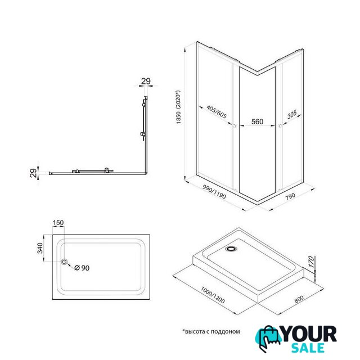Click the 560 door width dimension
[x=257, y=121]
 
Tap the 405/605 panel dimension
[x=217, y=112]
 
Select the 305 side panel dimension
[x=292, y=114]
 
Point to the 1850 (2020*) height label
[x=178, y=107]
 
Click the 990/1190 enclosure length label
[x=214, y=192]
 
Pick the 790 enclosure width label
[x=290, y=196]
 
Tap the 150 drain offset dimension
[x=58, y=223]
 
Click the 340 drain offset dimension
[x=40, y=248]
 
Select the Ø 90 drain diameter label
[x=82, y=268]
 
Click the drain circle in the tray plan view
[x=64, y=262]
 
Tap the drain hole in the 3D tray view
[x=231, y=249]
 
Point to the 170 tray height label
[x=310, y=262]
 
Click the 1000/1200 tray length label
[x=213, y=295]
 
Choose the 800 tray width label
[x=299, y=299]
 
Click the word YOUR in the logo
[x=309, y=334]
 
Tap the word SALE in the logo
[x=308, y=348]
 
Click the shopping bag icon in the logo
[x=269, y=339]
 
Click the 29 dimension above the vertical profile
[x=146, y=81]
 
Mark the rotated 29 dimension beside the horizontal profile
[x=34, y=173]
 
